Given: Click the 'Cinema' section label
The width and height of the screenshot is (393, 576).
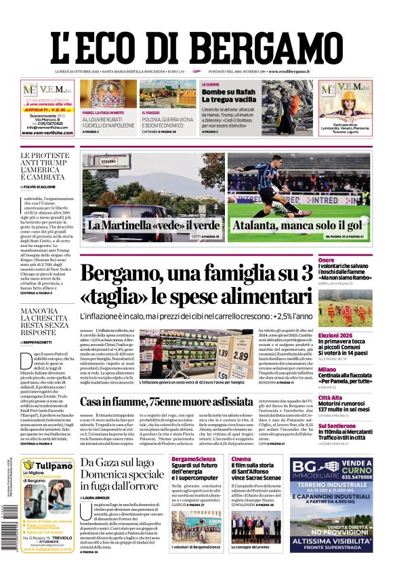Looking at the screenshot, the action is [240, 459].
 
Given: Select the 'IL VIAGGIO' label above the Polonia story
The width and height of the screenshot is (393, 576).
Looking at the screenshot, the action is [150, 113].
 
